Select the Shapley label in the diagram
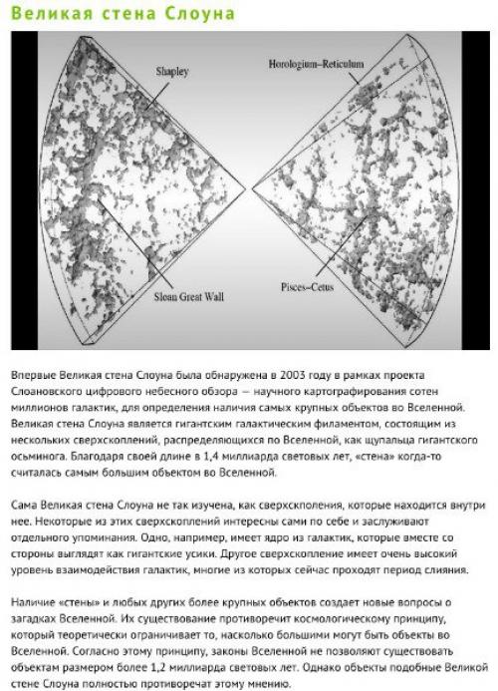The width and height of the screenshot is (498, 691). (x=172, y=73)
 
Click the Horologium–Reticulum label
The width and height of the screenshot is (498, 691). (x=318, y=64)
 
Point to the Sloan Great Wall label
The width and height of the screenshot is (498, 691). (x=192, y=296)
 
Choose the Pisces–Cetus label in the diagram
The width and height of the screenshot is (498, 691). (x=312, y=285)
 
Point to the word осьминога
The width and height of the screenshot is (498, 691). (x=43, y=452)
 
